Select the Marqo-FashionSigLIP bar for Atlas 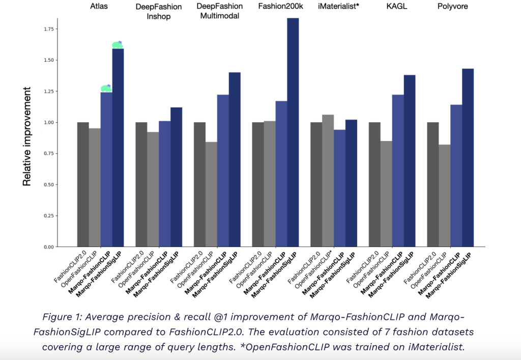(x=118, y=148)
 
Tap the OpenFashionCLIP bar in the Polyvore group (x=445, y=196)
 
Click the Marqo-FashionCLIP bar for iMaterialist (x=339, y=188)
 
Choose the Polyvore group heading (x=452, y=7)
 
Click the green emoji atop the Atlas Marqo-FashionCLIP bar (x=106, y=88)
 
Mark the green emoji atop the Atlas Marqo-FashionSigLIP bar (x=118, y=45)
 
